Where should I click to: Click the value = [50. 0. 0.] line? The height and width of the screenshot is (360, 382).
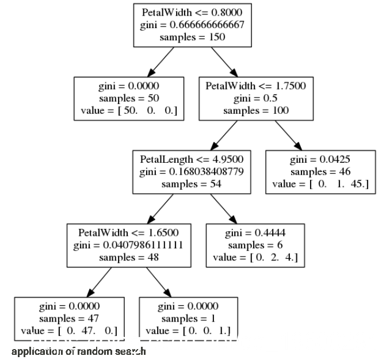pyautogui.click(x=129, y=110)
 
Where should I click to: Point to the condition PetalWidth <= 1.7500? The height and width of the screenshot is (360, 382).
pyautogui.click(x=255, y=85)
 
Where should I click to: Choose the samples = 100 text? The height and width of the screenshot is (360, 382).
pyautogui.click(x=255, y=110)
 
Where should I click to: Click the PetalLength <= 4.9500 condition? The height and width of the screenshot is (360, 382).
pyautogui.click(x=192, y=159)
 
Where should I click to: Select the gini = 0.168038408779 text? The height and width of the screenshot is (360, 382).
pyautogui.click(x=192, y=171)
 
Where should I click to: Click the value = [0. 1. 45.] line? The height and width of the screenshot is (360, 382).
pyautogui.click(x=320, y=183)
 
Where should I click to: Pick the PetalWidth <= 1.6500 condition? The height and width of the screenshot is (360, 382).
pyautogui.click(x=129, y=232)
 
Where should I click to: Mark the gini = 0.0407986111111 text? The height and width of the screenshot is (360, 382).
pyautogui.click(x=129, y=244)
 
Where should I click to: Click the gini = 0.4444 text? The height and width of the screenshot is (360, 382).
pyautogui.click(x=255, y=232)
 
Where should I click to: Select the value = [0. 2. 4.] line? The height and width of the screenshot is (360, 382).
pyautogui.click(x=255, y=257)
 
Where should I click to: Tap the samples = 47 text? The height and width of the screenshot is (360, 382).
pyautogui.click(x=68, y=318)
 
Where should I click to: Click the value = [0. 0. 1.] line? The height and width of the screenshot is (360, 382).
pyautogui.click(x=189, y=331)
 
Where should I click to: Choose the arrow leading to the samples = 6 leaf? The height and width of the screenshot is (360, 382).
pyautogui.click(x=224, y=208)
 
